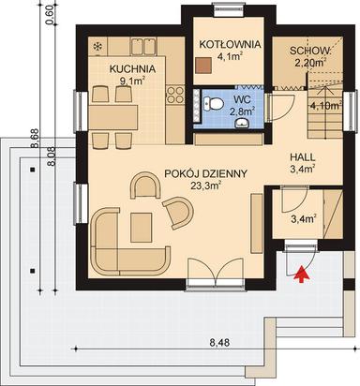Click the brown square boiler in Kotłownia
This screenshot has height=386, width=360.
click(203, 66)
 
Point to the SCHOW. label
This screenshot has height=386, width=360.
click(307, 51)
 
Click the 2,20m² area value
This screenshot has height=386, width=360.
click(308, 63)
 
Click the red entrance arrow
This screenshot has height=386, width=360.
click(300, 274)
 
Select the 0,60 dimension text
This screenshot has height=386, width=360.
click(51, 19)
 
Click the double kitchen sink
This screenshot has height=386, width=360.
click(143, 45)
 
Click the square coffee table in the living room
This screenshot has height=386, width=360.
click(142, 224)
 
